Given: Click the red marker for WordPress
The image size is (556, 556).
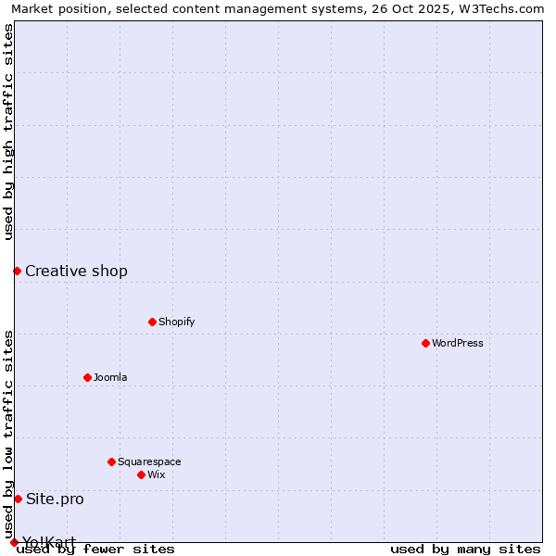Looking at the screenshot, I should tap(425, 343).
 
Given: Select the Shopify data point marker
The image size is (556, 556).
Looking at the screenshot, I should tap(152, 322).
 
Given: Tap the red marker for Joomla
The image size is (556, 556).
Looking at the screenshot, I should tap(87, 377).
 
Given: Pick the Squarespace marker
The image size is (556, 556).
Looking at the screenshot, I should tap(111, 461).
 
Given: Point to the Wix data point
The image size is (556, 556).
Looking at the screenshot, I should tap(141, 474).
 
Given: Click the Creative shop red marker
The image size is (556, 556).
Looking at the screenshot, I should tap(17, 271).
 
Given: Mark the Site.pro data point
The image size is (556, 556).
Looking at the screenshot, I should tap(18, 499).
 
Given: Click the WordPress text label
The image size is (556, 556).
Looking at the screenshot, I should tap(458, 343).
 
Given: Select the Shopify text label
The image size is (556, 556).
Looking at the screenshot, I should tap(177, 322).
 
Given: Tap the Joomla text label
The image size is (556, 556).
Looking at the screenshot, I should tap(110, 377).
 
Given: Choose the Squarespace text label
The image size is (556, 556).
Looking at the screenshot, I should tap(149, 461).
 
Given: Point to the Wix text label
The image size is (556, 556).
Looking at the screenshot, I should tap(157, 474).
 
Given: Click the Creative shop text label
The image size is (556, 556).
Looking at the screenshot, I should tap(76, 271).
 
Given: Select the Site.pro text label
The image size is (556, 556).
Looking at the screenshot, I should tap(55, 499).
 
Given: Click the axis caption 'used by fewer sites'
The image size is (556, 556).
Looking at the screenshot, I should tap(95, 549).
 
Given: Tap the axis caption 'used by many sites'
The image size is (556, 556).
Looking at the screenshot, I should tap(465, 549).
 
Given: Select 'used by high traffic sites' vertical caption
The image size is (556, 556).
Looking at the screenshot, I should tap(8, 132).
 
